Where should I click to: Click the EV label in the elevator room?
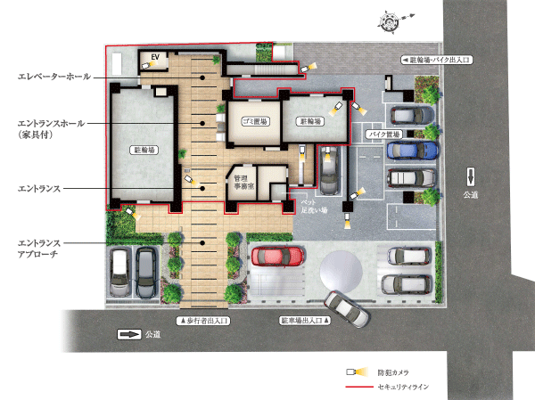coord(154,58)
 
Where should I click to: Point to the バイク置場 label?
coord(384,134)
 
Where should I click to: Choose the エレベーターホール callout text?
coord(53,78)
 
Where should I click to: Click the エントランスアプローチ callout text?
coord(39,248)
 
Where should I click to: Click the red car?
coord(279,257)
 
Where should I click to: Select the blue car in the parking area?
coord(413,151)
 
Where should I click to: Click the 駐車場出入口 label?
coord(304,319)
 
